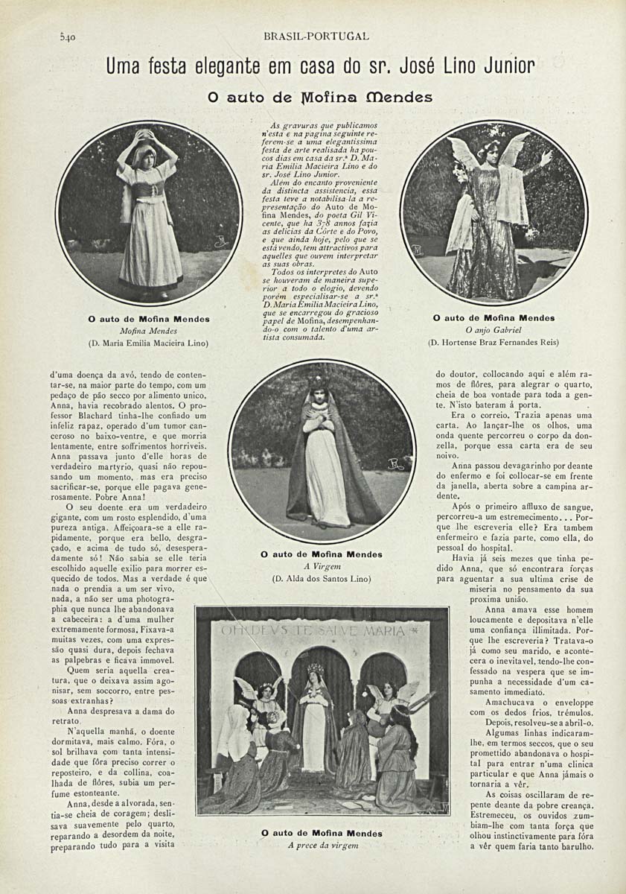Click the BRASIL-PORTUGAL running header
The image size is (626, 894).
point(316,36)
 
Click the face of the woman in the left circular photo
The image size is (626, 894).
point(147,158)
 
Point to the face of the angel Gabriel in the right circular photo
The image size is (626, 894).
point(492,149)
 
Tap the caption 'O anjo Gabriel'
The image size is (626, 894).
point(493,329)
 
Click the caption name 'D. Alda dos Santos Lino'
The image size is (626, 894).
point(322,578)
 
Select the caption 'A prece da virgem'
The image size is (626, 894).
point(322,846)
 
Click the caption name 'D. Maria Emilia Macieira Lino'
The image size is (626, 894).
point(148,343)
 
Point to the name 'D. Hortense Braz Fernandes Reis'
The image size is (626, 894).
point(493,343)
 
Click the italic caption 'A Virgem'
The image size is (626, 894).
point(322,566)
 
